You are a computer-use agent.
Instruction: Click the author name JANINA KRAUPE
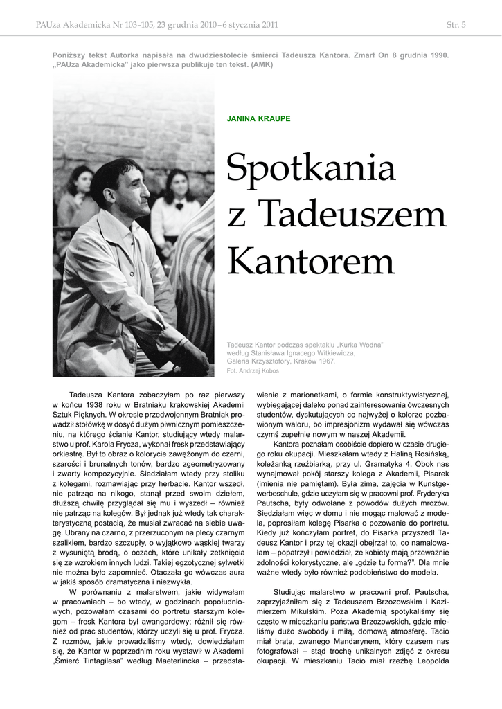(x=258, y=118)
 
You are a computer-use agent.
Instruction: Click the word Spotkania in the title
(x=311, y=169)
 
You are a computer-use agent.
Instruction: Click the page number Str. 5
(x=456, y=25)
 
